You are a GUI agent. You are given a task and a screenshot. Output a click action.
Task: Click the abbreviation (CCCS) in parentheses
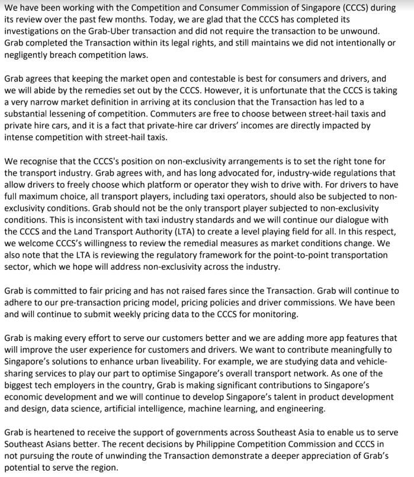pos(335,8)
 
